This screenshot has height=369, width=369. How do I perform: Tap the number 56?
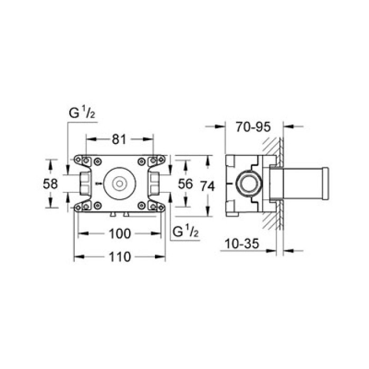coord(186,184)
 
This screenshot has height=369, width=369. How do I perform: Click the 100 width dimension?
coord(120,233)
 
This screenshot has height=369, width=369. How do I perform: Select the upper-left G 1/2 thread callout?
coord(81,113)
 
